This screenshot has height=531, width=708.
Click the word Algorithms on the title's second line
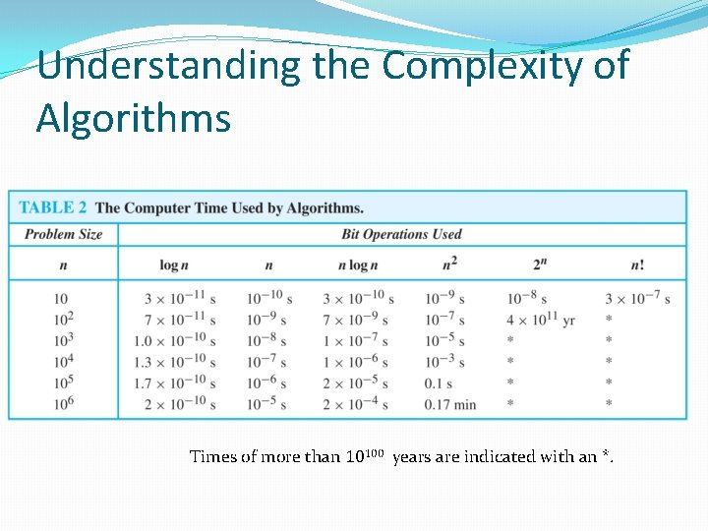134,118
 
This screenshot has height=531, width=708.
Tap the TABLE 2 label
52,207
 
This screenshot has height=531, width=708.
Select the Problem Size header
63,234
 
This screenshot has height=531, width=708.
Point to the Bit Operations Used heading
401,234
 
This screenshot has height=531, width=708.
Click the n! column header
637,265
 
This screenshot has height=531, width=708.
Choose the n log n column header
358,265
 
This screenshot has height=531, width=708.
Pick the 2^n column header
539,265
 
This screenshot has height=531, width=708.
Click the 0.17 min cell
450,404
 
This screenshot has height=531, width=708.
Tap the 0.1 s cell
439,383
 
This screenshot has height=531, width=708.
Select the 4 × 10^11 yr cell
541,320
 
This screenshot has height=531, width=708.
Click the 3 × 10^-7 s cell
637,298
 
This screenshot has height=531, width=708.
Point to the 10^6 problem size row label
63,403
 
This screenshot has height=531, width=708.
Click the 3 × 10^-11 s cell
180,298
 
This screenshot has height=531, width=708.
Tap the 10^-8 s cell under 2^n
527,298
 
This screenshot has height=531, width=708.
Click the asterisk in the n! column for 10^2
610,320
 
